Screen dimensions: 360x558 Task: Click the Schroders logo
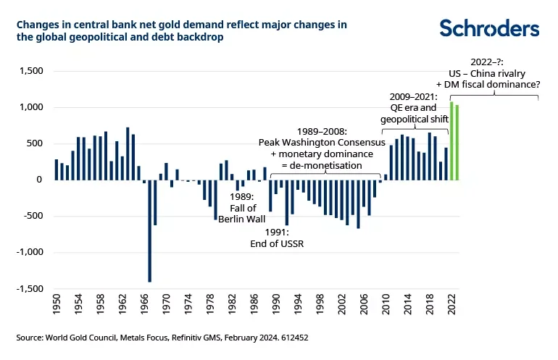coord(490,28)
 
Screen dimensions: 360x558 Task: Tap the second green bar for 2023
coord(457,142)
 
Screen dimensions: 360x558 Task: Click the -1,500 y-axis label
coord(29,288)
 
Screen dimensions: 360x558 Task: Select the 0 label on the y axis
coord(40,180)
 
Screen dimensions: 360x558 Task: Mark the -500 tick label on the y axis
coord(33,216)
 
